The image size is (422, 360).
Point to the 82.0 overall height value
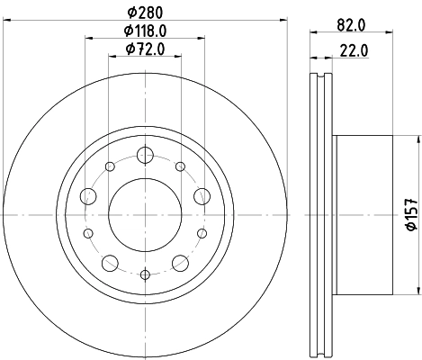click(352, 26)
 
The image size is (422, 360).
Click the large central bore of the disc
click(143, 215)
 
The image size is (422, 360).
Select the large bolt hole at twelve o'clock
click(143, 155)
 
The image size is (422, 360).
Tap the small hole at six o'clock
click(143, 271)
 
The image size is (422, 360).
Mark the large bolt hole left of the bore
click(88, 196)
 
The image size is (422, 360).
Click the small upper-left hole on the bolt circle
click(110, 166)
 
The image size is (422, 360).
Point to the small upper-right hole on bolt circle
click(178, 166)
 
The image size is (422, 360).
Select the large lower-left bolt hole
click(110, 262)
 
